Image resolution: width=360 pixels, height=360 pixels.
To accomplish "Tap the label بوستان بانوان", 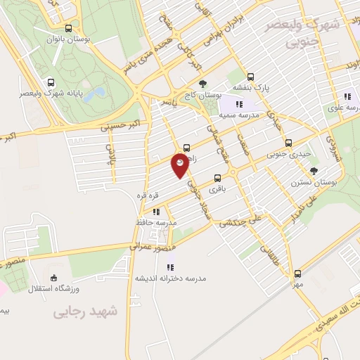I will pyautogui.click(x=67, y=40).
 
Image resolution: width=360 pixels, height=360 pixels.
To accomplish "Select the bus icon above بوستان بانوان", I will pyautogui.click(x=68, y=28).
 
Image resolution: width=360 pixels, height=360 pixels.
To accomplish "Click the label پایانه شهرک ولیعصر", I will pyautogui.click(x=50, y=93).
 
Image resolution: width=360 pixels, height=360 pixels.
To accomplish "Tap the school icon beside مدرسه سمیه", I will pyautogui.click(x=240, y=104).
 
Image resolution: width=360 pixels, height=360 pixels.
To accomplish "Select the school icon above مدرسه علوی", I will pyautogui.click(x=347, y=96).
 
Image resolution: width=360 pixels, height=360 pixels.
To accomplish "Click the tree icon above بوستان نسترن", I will pyautogui.click(x=314, y=170).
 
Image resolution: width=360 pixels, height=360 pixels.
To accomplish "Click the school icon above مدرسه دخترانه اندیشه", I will pyautogui.click(x=169, y=267).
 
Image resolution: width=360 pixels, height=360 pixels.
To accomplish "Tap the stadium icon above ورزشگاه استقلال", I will pyautogui.click(x=54, y=278).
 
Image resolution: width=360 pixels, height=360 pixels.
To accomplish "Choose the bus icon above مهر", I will pyautogui.click(x=297, y=273).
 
